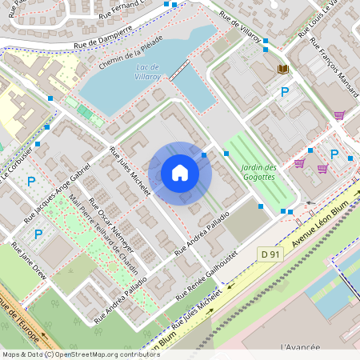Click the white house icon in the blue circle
(x=180, y=173)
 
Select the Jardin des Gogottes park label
(x=258, y=172)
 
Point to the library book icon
(x=283, y=70)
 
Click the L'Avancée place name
(x=301, y=347)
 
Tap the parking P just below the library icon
(x=284, y=93)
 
